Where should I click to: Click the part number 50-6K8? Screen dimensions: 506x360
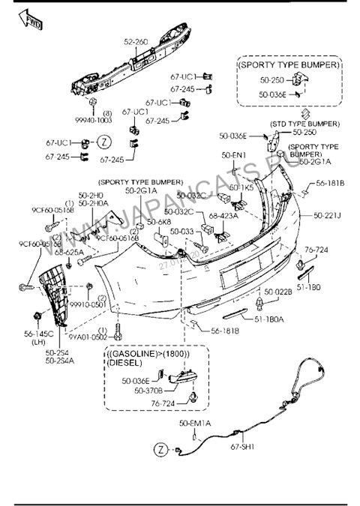[159, 223]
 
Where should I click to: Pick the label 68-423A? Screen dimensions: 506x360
[224, 217]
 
